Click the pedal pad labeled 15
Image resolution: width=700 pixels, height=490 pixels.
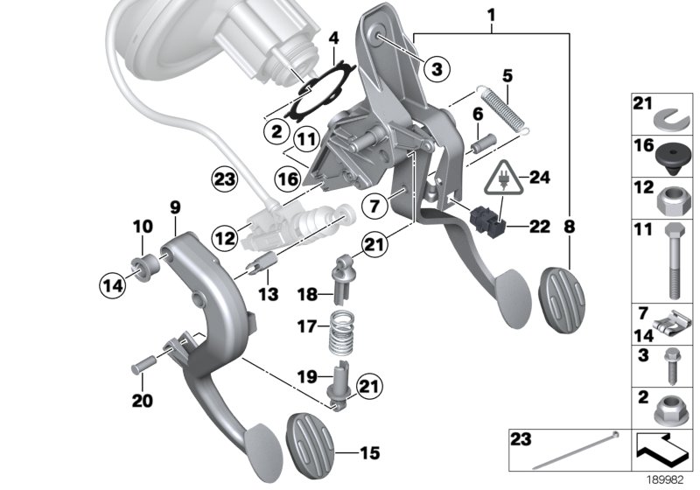(x=311, y=442)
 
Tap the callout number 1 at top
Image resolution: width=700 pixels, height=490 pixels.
(x=491, y=14)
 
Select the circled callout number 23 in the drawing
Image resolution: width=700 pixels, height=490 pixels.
(x=225, y=181)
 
